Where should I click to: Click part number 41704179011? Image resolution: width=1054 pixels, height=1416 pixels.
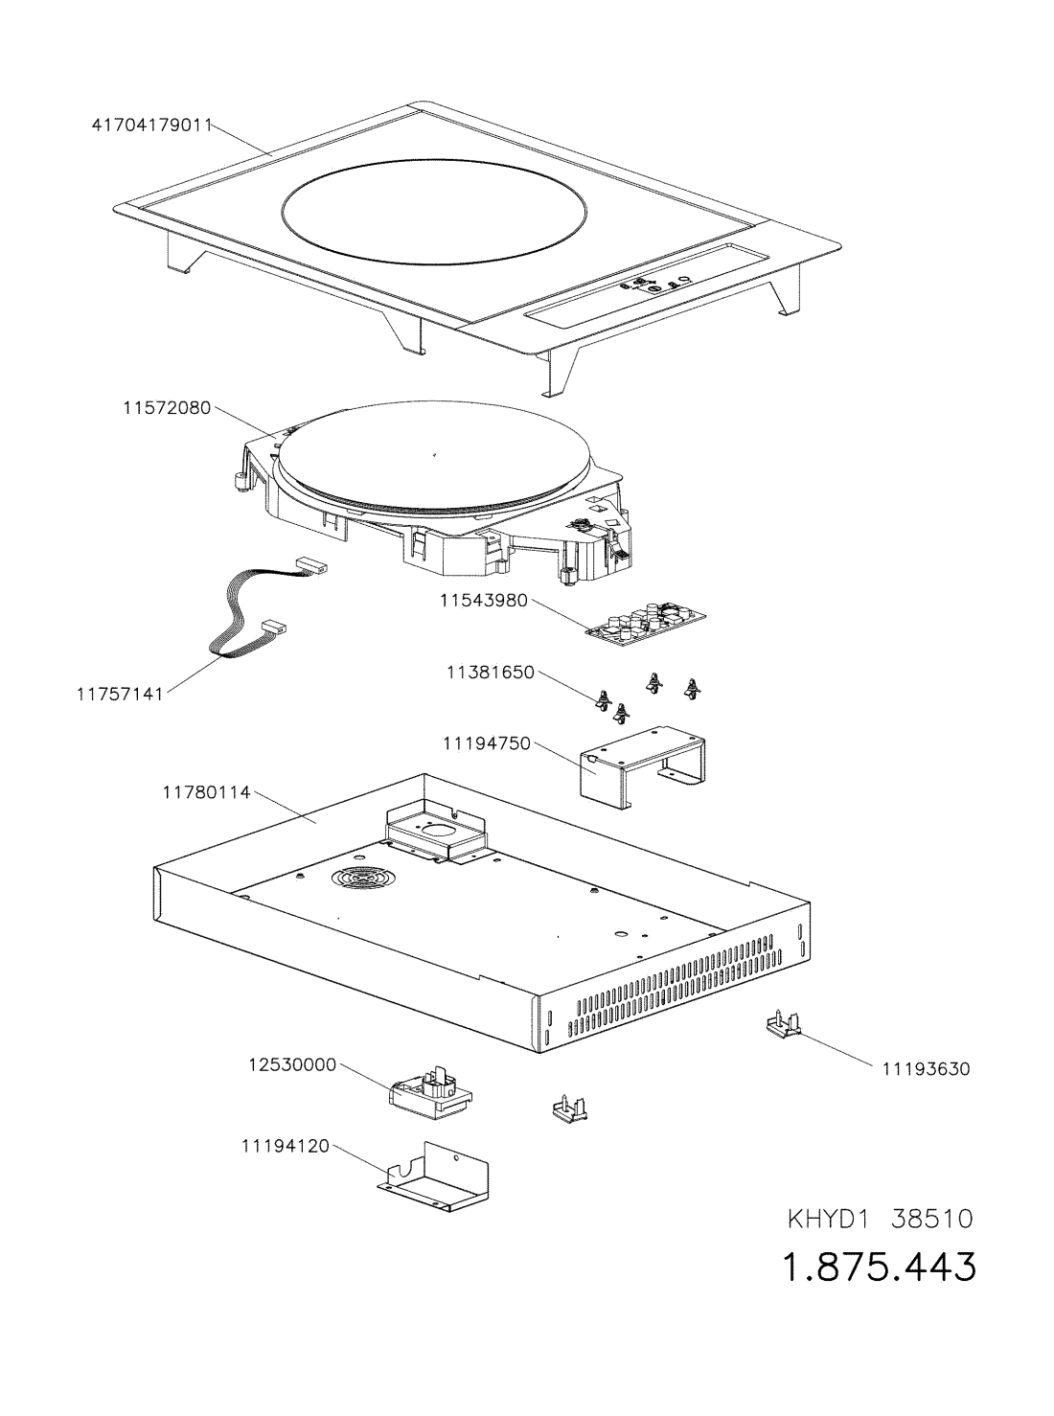[x=150, y=124]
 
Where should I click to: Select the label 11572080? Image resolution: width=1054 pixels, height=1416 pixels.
[x=167, y=407]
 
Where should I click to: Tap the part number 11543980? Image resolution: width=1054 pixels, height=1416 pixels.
[x=484, y=601]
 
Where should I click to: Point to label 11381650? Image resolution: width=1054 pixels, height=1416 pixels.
[x=490, y=673]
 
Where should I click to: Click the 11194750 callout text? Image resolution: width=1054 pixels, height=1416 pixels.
[x=486, y=742]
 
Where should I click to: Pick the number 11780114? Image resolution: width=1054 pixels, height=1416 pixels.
[x=206, y=792]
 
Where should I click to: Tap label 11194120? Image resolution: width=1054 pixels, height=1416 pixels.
[x=285, y=1145]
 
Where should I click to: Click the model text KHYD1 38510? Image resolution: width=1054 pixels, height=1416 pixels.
[x=881, y=1220]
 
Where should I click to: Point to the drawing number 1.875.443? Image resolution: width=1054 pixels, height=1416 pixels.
[x=881, y=1268]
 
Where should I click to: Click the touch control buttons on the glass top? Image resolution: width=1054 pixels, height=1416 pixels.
[x=652, y=285]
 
